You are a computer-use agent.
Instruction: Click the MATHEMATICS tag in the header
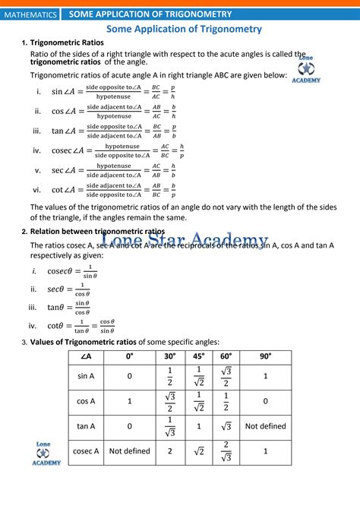pyautogui.click(x=30, y=14)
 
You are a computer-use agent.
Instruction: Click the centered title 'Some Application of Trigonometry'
pyautogui.click(x=184, y=29)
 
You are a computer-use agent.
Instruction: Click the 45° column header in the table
pyautogui.click(x=199, y=357)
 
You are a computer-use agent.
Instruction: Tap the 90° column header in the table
pyautogui.click(x=266, y=357)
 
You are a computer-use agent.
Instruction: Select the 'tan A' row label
pyautogui.click(x=87, y=426)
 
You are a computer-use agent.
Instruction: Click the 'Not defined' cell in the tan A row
pyautogui.click(x=266, y=426)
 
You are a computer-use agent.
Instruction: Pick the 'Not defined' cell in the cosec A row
pyautogui.click(x=130, y=451)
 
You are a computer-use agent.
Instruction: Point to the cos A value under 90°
pyautogui.click(x=266, y=401)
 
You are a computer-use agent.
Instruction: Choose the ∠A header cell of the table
pyautogui.click(x=87, y=357)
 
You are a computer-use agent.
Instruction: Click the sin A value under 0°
pyautogui.click(x=130, y=376)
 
